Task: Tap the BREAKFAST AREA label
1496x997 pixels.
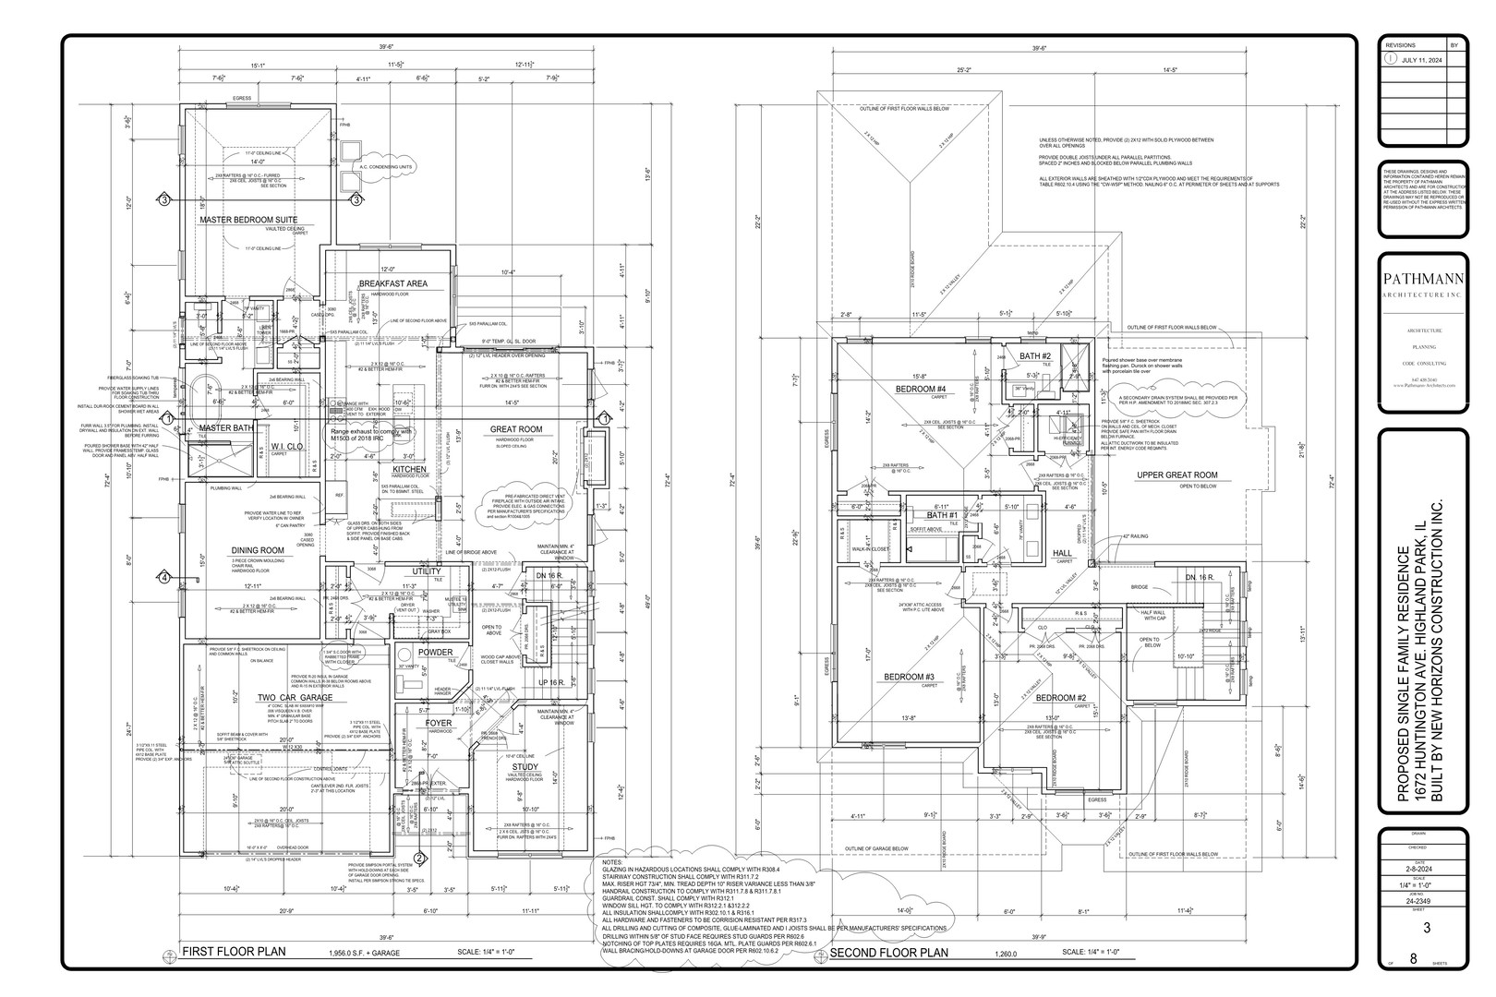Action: click(x=392, y=283)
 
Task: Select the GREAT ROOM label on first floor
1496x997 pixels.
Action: click(x=516, y=429)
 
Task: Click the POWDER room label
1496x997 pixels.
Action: click(x=435, y=653)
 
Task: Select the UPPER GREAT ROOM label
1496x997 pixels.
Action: click(x=1176, y=475)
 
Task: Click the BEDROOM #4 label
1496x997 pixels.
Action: click(x=921, y=389)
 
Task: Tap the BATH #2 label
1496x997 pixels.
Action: click(x=1036, y=356)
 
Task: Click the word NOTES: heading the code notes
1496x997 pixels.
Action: click(x=614, y=860)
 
